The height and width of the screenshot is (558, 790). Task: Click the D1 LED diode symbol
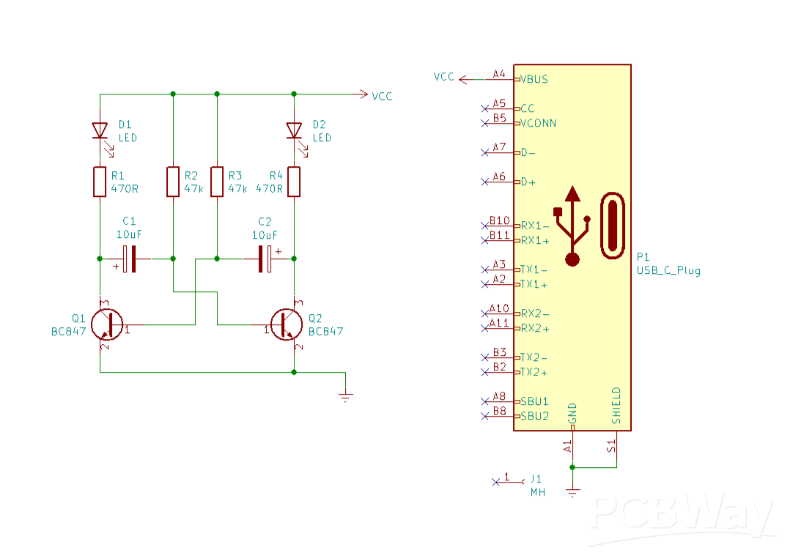(100, 130)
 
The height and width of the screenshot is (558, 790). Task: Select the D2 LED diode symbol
(295, 130)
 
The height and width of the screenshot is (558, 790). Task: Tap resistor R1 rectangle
(100, 182)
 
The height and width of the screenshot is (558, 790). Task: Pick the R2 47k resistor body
(173, 182)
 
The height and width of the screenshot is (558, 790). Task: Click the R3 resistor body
(217, 182)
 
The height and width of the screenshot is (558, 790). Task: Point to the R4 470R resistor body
(295, 182)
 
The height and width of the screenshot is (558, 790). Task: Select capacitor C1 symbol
(130, 258)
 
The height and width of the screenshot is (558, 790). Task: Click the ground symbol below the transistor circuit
(346, 396)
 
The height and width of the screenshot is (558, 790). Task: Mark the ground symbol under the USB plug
(573, 492)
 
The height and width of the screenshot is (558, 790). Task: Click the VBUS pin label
(534, 79)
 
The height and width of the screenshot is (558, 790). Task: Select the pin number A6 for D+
(498, 176)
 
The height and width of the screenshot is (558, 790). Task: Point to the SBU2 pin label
(534, 416)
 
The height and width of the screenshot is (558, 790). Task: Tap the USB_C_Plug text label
(668, 270)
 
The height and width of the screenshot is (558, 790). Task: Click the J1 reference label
(537, 479)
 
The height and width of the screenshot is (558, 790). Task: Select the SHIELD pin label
(616, 406)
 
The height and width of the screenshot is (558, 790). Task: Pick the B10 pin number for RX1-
(499, 220)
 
